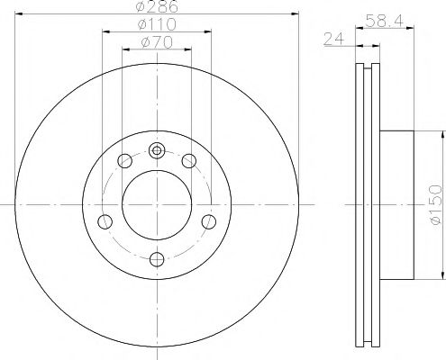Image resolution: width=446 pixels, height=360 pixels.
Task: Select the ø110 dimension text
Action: point(157,25)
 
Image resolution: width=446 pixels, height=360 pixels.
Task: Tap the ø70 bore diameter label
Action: point(157,42)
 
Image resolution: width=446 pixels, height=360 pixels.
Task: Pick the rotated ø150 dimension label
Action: point(434,205)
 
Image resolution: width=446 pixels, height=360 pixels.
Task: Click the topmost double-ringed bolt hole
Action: point(157,151)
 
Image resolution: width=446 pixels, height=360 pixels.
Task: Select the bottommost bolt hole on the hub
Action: point(157,259)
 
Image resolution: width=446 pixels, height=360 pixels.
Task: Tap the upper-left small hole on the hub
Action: point(125,161)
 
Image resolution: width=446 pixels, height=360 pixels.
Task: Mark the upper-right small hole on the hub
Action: point(188,161)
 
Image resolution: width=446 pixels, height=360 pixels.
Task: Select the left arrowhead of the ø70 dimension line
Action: point(124,49)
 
